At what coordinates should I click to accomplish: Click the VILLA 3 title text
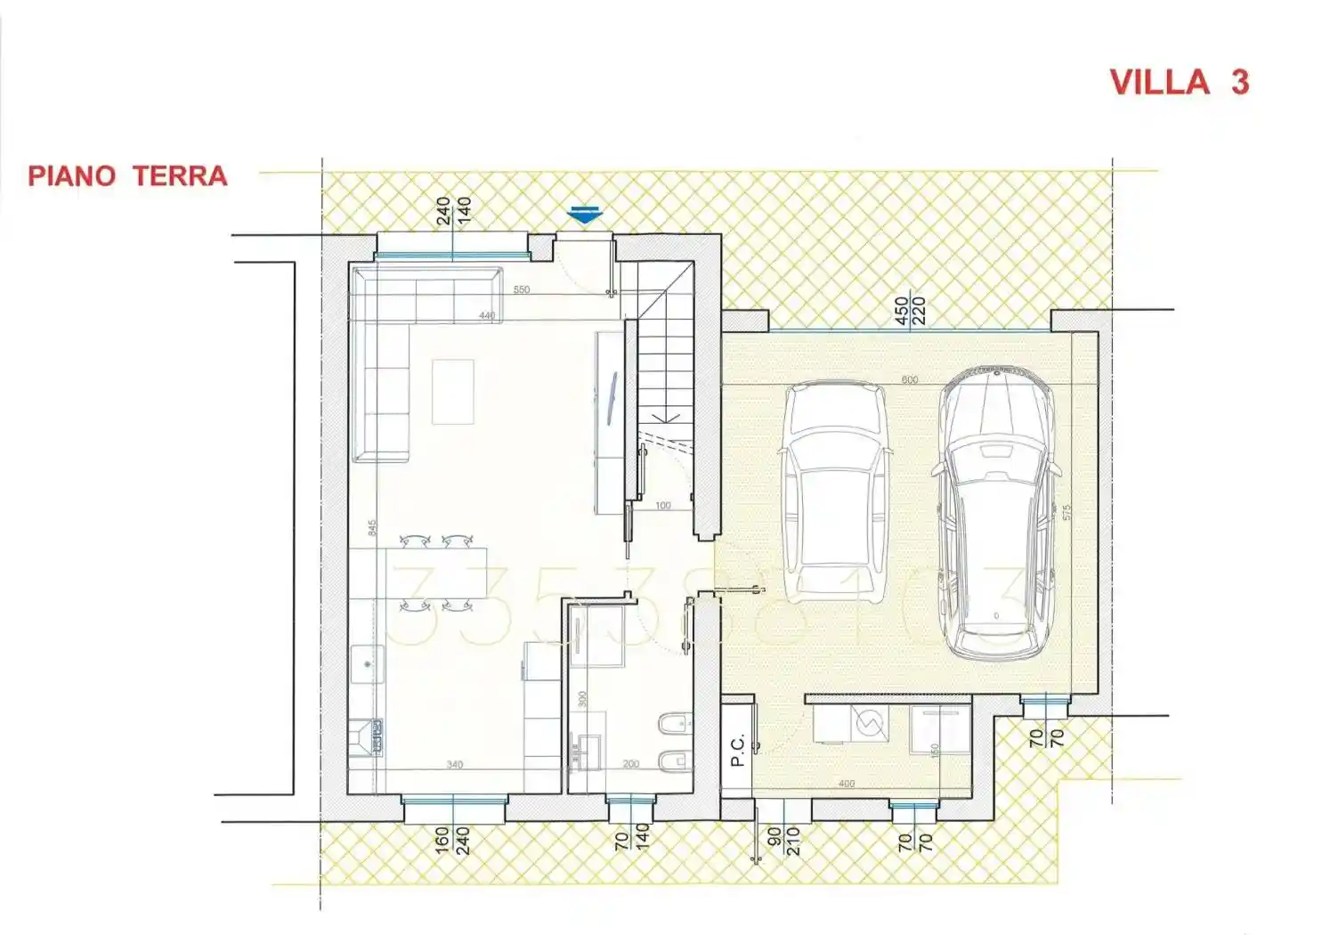pos(1179,82)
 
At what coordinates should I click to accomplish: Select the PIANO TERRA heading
pos(127,175)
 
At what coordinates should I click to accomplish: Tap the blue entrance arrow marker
pos(584,215)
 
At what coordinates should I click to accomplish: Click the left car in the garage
pos(835,491)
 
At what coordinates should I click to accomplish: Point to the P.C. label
pos(737,750)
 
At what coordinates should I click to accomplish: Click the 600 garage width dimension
pos(909,380)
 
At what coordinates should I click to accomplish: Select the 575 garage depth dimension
pos(1067,512)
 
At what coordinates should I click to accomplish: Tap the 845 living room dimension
pos(372,527)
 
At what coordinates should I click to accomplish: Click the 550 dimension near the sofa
pos(522,289)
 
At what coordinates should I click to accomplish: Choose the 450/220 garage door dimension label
pos(910,311)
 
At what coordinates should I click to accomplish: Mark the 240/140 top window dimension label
pos(453,211)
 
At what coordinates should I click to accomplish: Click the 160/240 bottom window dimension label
pos(452,841)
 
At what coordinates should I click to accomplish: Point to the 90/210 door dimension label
pos(783,841)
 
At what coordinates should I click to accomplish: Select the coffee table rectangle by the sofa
pos(452,391)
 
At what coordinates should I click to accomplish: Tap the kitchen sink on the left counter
pos(367,663)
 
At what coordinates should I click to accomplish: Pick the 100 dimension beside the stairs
pos(662,506)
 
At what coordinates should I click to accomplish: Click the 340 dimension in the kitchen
pos(454,764)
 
